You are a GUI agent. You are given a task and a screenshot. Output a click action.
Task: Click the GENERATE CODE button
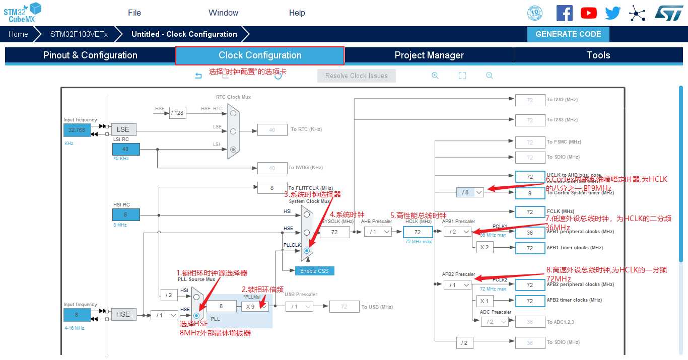[x=568, y=34]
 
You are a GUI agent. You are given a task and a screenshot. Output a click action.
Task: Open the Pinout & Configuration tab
[x=90, y=55]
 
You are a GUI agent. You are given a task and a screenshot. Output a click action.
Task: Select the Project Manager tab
[x=429, y=55]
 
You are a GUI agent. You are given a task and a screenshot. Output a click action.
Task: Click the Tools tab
[x=598, y=55]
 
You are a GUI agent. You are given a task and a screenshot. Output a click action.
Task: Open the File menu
[x=134, y=13]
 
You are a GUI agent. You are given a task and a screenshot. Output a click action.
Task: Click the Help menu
[x=297, y=13]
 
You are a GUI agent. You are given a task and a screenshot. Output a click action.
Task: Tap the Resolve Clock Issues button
[x=357, y=76]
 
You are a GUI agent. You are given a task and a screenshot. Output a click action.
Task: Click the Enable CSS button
[x=314, y=271]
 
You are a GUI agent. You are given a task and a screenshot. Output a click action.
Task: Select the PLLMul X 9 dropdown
[x=255, y=307]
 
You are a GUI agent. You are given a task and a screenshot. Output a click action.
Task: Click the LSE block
[x=123, y=129]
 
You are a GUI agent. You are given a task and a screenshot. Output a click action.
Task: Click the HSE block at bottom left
[x=123, y=314]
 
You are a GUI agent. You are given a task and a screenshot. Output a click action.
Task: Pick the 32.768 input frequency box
[x=77, y=130]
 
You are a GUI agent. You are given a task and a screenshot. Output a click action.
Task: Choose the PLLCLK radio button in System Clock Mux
[x=306, y=250]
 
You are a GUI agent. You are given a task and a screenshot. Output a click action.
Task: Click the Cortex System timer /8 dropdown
[x=470, y=192]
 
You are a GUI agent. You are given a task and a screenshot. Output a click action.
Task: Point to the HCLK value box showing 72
[x=418, y=232]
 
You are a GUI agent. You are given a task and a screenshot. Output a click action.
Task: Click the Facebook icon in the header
[x=564, y=13]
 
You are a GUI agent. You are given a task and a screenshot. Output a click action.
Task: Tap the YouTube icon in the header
[x=588, y=13]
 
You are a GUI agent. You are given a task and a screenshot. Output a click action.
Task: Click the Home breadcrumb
[x=18, y=34]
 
